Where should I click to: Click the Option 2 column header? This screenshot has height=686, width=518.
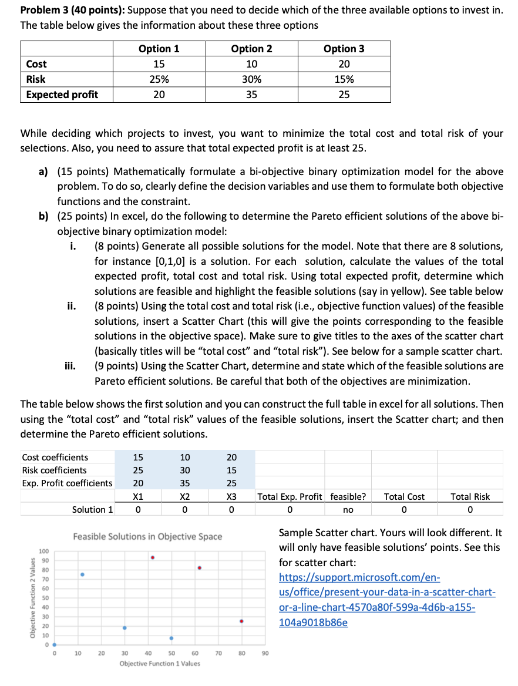[251, 49]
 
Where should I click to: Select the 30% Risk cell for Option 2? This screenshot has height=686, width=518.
[251, 79]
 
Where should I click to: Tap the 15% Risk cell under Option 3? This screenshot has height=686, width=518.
[344, 79]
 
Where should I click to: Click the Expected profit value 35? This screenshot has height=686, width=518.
[251, 95]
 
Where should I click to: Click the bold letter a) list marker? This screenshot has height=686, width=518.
[43, 171]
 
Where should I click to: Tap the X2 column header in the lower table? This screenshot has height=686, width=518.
[184, 496]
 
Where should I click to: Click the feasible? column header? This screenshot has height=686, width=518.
[348, 496]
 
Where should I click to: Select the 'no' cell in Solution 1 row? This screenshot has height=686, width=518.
[348, 510]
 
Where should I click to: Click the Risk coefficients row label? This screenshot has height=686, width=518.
[54, 470]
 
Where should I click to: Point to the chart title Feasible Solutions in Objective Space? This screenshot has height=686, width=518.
[147, 536]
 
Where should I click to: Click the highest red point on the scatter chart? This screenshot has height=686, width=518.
[153, 557]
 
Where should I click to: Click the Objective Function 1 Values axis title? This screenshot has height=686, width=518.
[159, 664]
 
